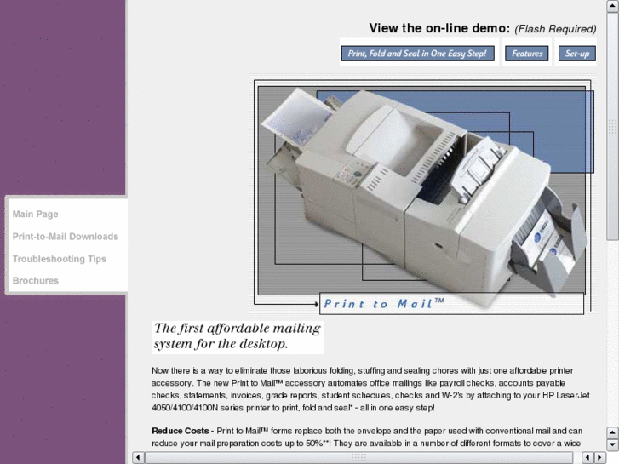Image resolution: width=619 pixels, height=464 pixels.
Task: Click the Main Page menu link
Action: click(36, 215)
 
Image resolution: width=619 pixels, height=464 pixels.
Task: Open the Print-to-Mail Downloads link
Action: click(66, 237)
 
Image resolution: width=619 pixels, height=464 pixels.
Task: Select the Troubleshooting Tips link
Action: click(60, 259)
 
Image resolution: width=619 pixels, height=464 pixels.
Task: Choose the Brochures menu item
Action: click(36, 281)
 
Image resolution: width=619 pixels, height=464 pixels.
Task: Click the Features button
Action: click(527, 54)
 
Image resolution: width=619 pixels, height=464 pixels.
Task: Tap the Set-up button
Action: click(577, 54)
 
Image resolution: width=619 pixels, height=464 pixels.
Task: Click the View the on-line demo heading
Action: click(438, 28)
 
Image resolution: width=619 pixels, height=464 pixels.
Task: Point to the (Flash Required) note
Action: click(555, 29)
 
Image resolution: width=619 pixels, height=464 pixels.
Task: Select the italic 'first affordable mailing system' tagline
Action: click(237, 336)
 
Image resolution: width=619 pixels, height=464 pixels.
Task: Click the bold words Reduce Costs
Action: click(181, 431)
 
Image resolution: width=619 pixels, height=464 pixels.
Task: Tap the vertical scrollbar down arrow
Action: click(612, 444)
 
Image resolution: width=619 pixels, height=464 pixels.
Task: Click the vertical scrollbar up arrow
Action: click(612, 6)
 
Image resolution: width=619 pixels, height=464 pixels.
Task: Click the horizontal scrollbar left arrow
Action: click(139, 457)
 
